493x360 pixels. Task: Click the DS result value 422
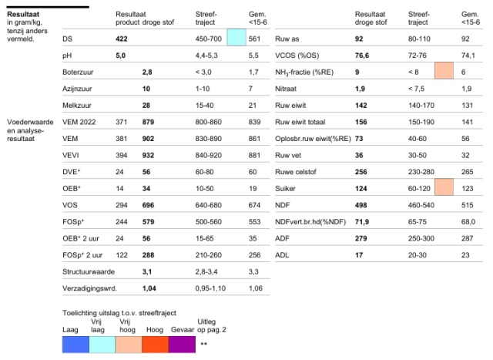(x=122, y=39)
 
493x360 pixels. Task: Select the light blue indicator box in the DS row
(x=236, y=38)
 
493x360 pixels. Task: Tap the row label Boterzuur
(x=78, y=72)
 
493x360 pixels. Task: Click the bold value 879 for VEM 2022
(x=148, y=122)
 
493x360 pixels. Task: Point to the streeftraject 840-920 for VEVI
(x=209, y=155)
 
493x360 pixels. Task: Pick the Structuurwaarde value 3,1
(x=147, y=271)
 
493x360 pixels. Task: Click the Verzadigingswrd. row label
(x=89, y=288)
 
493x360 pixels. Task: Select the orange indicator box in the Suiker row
(x=444, y=187)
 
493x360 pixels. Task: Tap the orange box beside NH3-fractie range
(x=444, y=70)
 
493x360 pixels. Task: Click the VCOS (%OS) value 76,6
(x=362, y=56)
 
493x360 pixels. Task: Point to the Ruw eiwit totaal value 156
(x=361, y=122)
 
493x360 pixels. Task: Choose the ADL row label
(x=282, y=255)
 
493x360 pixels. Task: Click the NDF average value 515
(x=468, y=205)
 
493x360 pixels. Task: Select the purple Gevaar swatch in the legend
(x=182, y=345)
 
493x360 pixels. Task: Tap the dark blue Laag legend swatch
(x=75, y=345)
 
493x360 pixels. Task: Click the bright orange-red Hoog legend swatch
(x=156, y=345)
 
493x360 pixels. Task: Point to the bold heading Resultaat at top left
(x=23, y=14)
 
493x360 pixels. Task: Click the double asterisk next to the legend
(x=203, y=343)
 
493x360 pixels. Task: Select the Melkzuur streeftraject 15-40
(x=204, y=106)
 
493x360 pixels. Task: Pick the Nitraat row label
(x=286, y=89)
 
